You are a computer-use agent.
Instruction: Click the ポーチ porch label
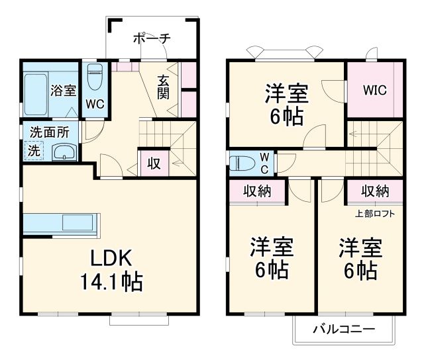pyautogui.click(x=152, y=38)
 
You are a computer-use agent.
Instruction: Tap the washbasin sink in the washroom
pyautogui.click(x=64, y=152)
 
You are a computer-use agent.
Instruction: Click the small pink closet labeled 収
pyautogui.click(x=153, y=163)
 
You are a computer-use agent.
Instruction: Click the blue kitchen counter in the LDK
pyautogui.click(x=61, y=224)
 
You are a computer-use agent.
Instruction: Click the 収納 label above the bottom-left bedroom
pyautogui.click(x=257, y=191)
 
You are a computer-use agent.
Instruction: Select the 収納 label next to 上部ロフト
pyautogui.click(x=375, y=191)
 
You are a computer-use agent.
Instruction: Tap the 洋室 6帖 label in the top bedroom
pyautogui.click(x=286, y=104)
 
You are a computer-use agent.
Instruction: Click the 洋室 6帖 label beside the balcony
pyautogui.click(x=360, y=259)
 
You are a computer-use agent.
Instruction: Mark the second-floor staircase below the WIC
pyautogui.click(x=374, y=142)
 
